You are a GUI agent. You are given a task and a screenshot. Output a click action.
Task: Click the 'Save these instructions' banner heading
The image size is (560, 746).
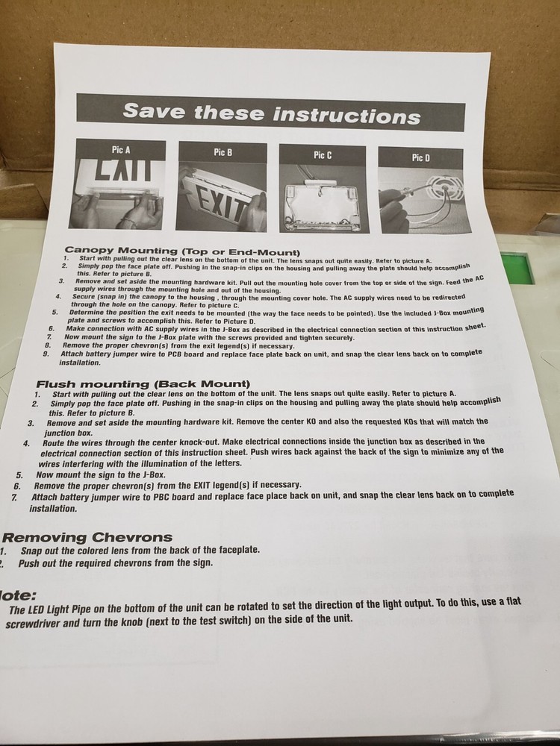(x=272, y=113)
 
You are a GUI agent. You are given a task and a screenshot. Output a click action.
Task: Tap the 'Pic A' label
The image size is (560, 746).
(x=121, y=150)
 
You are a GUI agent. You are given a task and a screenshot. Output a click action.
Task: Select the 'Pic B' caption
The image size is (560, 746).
(x=223, y=152)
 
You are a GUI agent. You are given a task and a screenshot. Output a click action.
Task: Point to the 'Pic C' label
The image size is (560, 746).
(x=323, y=155)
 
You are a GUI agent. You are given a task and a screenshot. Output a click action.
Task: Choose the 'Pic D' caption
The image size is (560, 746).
(x=421, y=158)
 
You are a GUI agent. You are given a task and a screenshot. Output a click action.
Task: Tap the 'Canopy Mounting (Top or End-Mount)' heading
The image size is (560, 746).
(x=182, y=251)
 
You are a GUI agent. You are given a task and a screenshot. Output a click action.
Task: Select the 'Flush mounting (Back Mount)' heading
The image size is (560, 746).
(x=143, y=383)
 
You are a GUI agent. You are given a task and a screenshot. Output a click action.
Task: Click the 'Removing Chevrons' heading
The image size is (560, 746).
(x=87, y=538)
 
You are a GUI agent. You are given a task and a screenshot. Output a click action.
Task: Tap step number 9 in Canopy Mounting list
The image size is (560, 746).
(x=46, y=354)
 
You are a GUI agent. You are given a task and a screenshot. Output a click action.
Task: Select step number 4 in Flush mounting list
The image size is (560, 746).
(x=27, y=444)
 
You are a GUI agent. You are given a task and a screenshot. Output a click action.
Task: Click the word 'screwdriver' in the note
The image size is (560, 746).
(x=32, y=623)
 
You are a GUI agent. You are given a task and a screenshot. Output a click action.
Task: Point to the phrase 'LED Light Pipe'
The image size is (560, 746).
(x=56, y=609)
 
